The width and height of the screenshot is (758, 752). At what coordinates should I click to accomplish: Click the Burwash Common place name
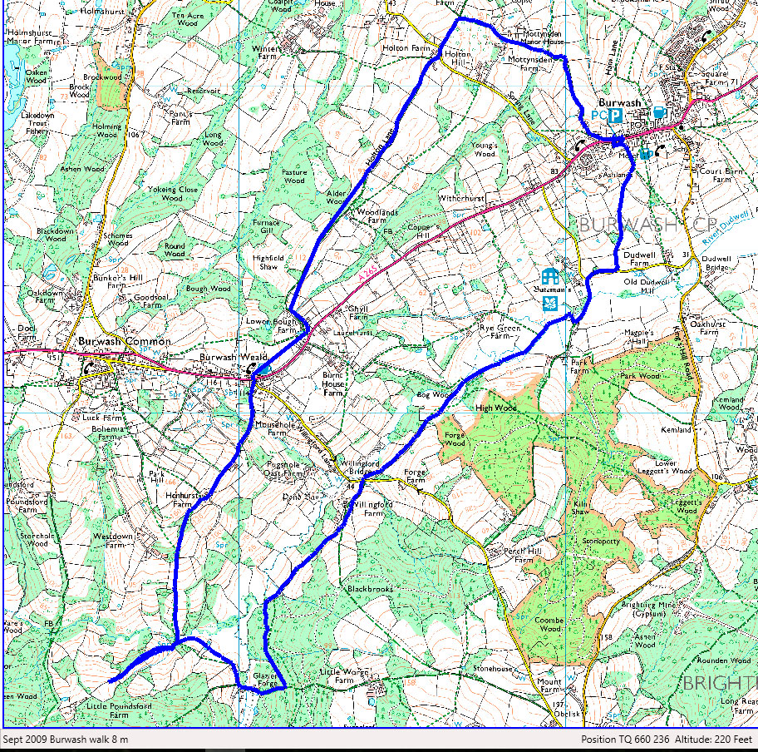click(124, 341)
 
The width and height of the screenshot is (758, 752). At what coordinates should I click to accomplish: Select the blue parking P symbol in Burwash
click(615, 115)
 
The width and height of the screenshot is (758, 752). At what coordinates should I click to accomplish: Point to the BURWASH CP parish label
click(641, 225)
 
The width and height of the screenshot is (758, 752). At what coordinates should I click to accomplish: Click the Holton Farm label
click(407, 49)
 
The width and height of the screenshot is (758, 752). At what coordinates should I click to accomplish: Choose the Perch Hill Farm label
click(516, 555)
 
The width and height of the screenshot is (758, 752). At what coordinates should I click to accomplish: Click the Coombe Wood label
click(549, 625)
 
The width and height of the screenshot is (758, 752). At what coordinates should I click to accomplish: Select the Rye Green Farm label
click(499, 330)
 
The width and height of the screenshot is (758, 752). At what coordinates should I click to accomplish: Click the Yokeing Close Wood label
click(173, 194)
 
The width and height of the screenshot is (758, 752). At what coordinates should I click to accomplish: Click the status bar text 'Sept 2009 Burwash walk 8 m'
click(66, 739)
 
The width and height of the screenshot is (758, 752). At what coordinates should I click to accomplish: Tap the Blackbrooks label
click(370, 589)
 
